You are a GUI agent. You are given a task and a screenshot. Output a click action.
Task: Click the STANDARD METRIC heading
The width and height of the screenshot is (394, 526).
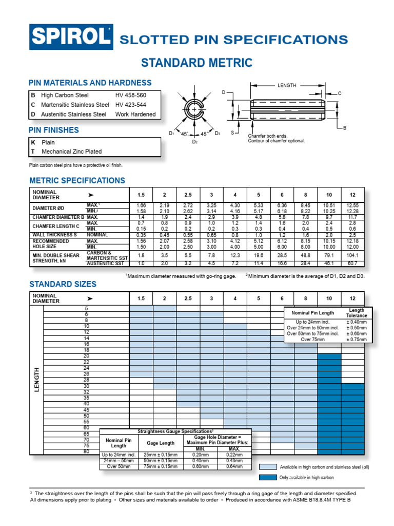196,63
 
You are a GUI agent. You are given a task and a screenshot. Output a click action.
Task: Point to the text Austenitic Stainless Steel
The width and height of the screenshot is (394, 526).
73,114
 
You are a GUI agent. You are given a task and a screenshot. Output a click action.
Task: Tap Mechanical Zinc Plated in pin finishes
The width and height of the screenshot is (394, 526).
71,152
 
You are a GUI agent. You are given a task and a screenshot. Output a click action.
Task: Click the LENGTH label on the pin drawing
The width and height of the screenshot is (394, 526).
287,85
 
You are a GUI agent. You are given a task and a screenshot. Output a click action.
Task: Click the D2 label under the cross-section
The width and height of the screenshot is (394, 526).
195,141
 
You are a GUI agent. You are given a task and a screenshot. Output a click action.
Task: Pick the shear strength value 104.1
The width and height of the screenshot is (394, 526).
352,255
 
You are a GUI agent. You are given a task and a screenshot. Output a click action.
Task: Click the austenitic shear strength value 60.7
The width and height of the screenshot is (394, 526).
352,264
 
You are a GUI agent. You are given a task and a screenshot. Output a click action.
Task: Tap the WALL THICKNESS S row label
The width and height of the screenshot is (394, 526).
54,235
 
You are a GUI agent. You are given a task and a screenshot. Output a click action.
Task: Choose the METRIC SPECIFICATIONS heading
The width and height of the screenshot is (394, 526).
77,181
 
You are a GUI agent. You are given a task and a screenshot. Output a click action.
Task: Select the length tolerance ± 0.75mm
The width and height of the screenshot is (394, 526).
357,339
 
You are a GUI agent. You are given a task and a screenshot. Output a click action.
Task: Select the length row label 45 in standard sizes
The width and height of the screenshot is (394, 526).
86,409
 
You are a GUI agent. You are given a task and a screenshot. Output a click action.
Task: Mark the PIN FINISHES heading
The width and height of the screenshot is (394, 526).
54,130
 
